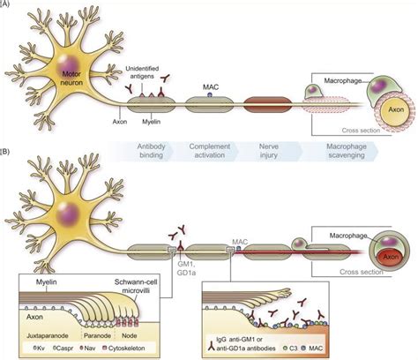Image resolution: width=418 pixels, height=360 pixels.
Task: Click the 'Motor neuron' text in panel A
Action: (74, 77)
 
